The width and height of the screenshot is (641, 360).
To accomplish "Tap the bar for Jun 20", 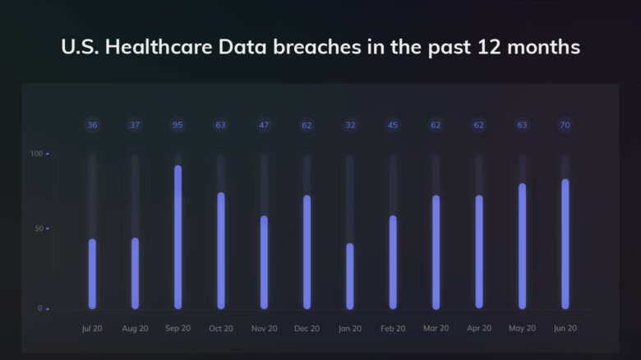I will [565, 244].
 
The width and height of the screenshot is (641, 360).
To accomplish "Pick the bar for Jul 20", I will [92, 274].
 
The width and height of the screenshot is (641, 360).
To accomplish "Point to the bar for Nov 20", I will [264, 262].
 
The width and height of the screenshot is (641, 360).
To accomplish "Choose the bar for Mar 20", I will [436, 252].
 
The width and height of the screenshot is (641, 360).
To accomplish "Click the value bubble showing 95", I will [178, 125].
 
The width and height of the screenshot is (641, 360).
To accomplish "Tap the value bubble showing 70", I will [565, 125].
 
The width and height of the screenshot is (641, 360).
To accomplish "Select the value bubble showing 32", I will [350, 125].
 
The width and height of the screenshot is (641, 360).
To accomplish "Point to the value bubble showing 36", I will [92, 125].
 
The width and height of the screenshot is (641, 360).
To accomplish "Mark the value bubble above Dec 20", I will [307, 125].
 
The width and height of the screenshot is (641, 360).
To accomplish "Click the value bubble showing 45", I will [393, 125].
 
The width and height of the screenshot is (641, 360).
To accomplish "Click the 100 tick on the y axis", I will [36, 154].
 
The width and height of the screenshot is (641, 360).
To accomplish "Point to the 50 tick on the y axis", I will [39, 228].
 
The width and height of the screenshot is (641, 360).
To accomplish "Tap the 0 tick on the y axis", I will [40, 308].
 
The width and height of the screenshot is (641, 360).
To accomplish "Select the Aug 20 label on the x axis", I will [135, 328].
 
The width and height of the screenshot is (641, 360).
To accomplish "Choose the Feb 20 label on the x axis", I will [393, 328].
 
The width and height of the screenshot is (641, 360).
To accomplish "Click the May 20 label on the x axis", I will [522, 328].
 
